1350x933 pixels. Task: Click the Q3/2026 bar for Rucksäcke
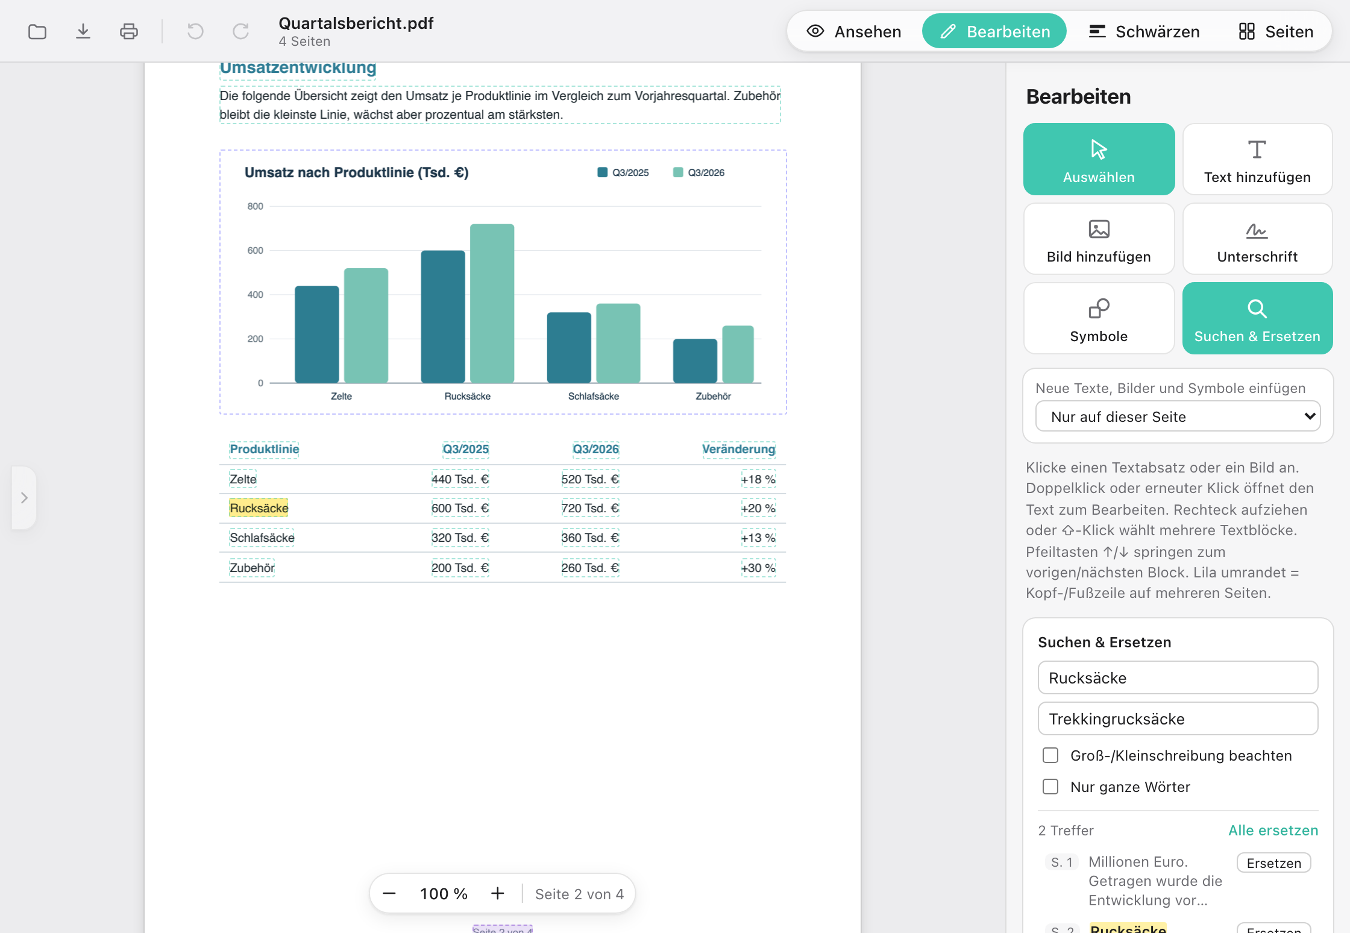(492, 303)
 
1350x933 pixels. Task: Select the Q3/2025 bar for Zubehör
(695, 360)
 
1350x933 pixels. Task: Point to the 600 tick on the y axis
(255, 250)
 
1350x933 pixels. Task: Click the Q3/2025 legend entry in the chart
(623, 172)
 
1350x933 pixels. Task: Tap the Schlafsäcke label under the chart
(593, 396)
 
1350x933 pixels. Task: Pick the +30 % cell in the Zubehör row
(758, 568)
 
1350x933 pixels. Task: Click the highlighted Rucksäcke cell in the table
(259, 508)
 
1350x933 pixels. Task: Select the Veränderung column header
(739, 449)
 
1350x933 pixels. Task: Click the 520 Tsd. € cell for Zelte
(590, 479)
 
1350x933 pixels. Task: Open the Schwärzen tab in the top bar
(1144, 31)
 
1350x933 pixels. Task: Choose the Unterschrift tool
(1257, 239)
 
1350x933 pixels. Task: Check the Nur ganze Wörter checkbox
(1050, 787)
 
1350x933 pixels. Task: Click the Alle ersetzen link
(1273, 830)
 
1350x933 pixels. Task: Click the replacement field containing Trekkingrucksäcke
(1178, 718)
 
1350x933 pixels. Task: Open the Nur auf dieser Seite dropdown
(1178, 416)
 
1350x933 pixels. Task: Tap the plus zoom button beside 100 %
(497, 893)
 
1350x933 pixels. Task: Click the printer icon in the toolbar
(129, 31)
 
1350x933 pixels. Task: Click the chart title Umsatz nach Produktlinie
(356, 172)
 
